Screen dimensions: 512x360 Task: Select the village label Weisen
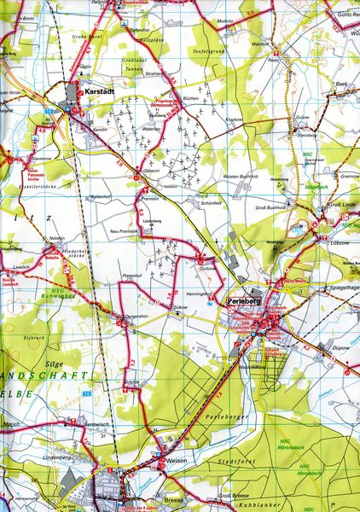[x=177, y=460]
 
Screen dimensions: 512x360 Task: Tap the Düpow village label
[x=341, y=348]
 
